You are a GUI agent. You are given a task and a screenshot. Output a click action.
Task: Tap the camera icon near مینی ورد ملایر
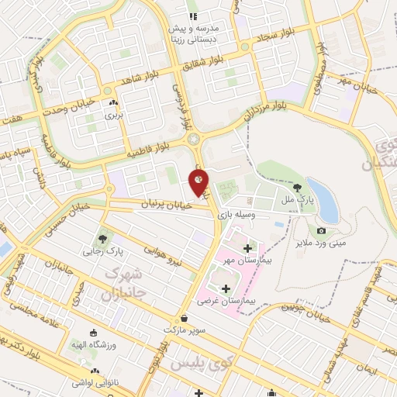coord(321,231)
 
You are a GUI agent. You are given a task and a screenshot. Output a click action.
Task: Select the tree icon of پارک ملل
coord(298,187)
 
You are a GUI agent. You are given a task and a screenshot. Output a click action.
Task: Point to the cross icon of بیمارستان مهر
coord(247,248)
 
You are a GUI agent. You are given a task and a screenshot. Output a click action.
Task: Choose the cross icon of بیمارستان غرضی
coord(226,288)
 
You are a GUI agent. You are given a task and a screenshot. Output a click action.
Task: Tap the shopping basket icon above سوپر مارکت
coord(184,318)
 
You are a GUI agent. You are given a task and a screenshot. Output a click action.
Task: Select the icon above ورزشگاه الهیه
coord(94,333)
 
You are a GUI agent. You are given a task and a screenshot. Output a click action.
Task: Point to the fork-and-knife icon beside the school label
coord(193,16)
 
